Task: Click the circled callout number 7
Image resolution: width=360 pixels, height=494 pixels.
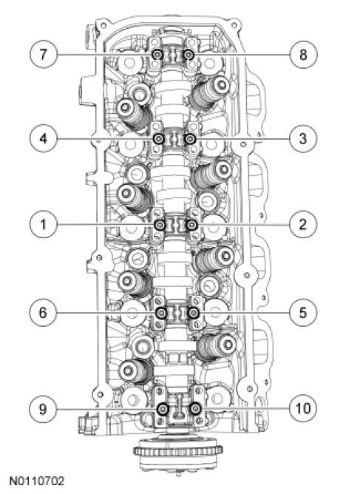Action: coord(44,54)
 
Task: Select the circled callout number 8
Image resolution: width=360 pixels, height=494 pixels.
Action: coord(303,54)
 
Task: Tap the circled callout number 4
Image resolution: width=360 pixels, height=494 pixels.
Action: coord(44,138)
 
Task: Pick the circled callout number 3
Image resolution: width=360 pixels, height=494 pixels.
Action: coord(303,138)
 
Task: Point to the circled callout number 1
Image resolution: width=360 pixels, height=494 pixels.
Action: coord(44,225)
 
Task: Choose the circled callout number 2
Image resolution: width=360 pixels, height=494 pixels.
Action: coord(303,225)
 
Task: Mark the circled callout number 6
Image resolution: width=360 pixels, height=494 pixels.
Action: coord(43,313)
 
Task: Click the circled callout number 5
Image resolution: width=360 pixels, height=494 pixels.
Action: coord(303,313)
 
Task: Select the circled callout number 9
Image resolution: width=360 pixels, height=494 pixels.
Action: coord(43,409)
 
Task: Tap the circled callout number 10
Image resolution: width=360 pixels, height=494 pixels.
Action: coord(303,409)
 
